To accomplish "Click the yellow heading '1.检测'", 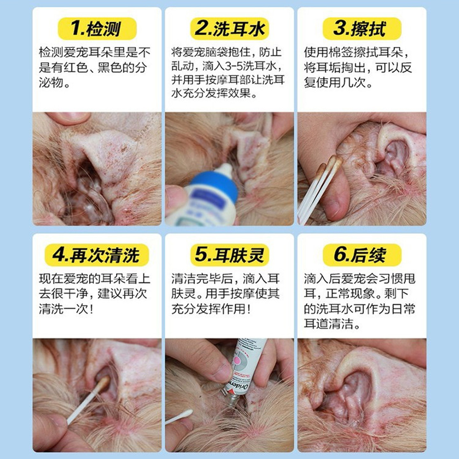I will pos(97,29).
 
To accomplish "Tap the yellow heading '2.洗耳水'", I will pos(229,29).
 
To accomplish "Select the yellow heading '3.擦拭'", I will pos(361,29).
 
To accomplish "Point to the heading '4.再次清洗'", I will pos(97,255).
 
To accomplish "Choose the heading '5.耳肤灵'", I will pos(229,255).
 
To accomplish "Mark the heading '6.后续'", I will pos(361,255).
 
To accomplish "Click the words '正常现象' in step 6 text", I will pos(351,294).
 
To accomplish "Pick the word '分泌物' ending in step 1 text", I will pos(54,83).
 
